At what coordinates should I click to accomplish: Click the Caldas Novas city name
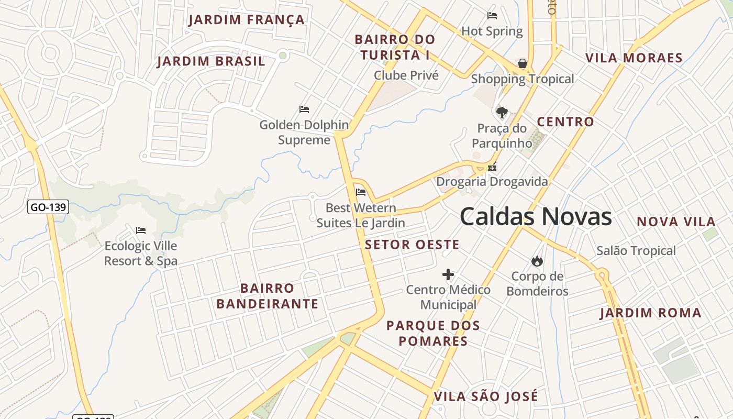[x=536, y=216]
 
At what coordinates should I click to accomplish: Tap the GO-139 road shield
[x=48, y=207]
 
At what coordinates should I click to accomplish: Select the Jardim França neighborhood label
[x=246, y=20]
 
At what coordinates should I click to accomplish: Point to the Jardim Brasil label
[x=211, y=61]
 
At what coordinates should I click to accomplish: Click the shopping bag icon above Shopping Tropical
[x=522, y=64]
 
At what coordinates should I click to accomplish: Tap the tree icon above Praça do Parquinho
[x=502, y=112]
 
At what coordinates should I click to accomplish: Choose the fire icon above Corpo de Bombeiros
[x=537, y=261]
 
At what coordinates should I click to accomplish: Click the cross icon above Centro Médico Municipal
[x=448, y=274]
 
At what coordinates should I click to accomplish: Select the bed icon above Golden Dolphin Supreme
[x=304, y=109]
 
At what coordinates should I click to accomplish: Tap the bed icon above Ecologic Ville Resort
[x=140, y=230]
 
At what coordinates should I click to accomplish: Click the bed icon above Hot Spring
[x=492, y=16]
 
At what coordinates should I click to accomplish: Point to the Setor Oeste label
[x=412, y=245]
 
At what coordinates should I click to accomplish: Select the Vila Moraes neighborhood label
[x=634, y=58]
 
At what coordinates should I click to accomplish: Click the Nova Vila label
[x=676, y=222]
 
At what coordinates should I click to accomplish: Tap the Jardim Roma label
[x=650, y=313]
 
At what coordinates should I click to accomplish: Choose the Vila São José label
[x=486, y=396]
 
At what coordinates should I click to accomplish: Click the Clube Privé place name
[x=406, y=75]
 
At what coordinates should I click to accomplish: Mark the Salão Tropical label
[x=636, y=251]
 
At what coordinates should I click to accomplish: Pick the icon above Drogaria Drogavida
[x=492, y=168]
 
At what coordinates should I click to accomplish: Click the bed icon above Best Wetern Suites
[x=360, y=192]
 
